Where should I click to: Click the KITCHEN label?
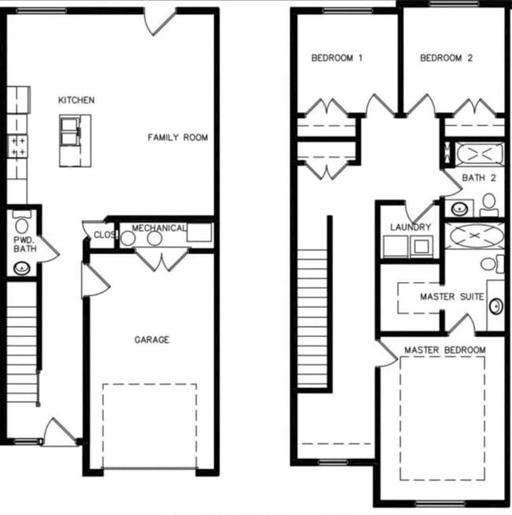[76, 100]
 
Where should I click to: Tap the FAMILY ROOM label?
[178, 137]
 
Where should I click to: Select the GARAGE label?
[151, 339]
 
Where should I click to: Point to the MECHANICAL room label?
[159, 228]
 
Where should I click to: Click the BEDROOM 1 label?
[337, 57]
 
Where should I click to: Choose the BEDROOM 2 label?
[446, 57]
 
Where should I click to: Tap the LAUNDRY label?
[410, 228]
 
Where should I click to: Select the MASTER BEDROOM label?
[444, 350]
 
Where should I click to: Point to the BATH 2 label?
[479, 178]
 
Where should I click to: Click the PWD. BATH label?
[24, 243]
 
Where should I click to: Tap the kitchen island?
[75, 140]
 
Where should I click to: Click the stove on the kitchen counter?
[17, 145]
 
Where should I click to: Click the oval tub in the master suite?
[474, 235]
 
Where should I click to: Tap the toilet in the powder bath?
[22, 224]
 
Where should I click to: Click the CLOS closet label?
[104, 235]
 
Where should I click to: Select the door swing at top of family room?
[161, 21]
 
